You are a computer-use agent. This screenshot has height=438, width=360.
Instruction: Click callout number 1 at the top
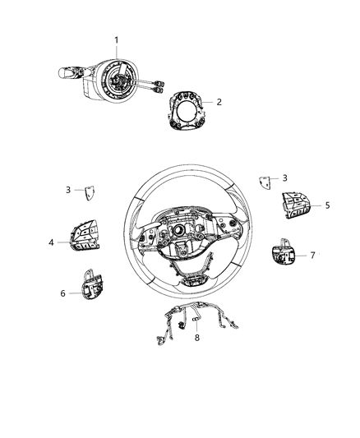(117, 39)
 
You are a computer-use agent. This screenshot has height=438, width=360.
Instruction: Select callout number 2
(219, 103)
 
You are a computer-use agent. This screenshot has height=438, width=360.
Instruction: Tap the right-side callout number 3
(284, 178)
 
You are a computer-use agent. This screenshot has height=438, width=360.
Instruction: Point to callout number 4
(51, 242)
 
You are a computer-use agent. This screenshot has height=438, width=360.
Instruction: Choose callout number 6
(62, 293)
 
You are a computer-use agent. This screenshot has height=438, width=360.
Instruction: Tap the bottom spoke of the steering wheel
(191, 275)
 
